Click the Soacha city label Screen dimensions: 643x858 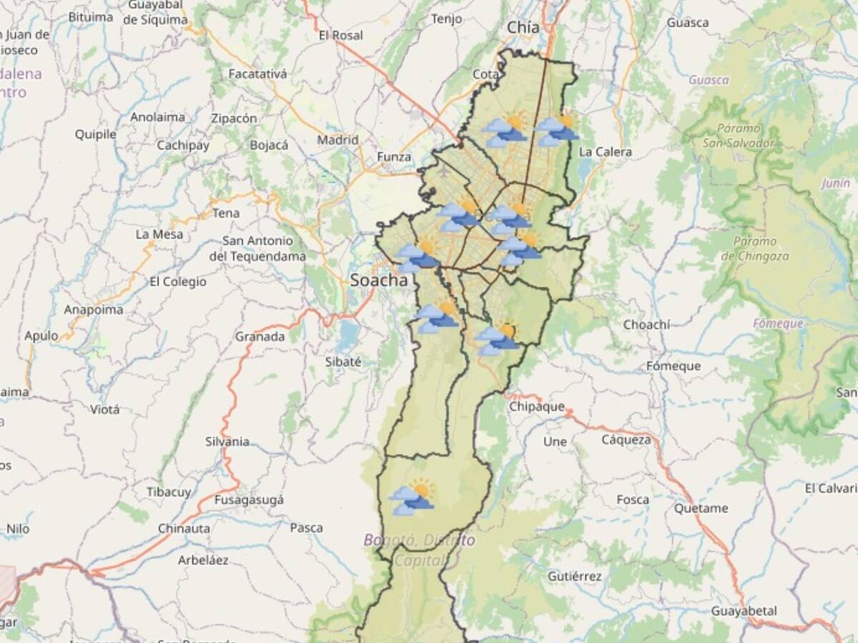(x=378, y=281)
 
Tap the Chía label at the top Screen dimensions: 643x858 (x=523, y=27)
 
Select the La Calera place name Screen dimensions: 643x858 (x=605, y=151)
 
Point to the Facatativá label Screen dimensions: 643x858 (x=257, y=74)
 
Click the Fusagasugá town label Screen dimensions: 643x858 (x=249, y=499)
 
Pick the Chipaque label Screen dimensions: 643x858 (x=536, y=407)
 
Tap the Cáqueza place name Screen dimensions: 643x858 (x=626, y=439)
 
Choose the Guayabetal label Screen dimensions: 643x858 (x=744, y=611)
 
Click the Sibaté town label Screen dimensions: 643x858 (x=343, y=362)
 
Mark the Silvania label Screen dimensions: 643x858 (x=227, y=442)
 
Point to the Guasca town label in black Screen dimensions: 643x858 (x=688, y=22)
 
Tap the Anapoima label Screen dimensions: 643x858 (x=94, y=310)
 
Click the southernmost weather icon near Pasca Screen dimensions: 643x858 (x=413, y=497)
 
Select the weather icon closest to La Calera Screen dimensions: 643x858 (x=558, y=131)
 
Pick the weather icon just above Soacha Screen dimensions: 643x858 (x=418, y=256)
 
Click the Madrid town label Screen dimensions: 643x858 (x=337, y=140)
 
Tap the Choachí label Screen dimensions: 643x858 (x=646, y=325)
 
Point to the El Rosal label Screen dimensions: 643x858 (x=340, y=35)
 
